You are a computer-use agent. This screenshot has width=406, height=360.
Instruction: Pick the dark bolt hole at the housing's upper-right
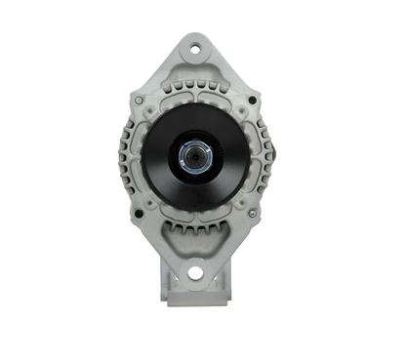(252, 99)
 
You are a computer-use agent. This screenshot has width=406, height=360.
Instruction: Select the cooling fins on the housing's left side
(127, 156)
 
